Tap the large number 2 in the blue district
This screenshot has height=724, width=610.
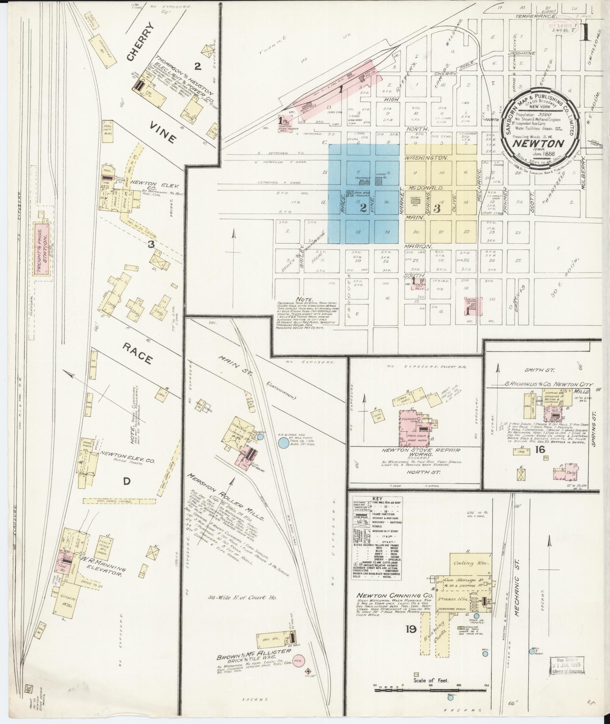click(x=363, y=208)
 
